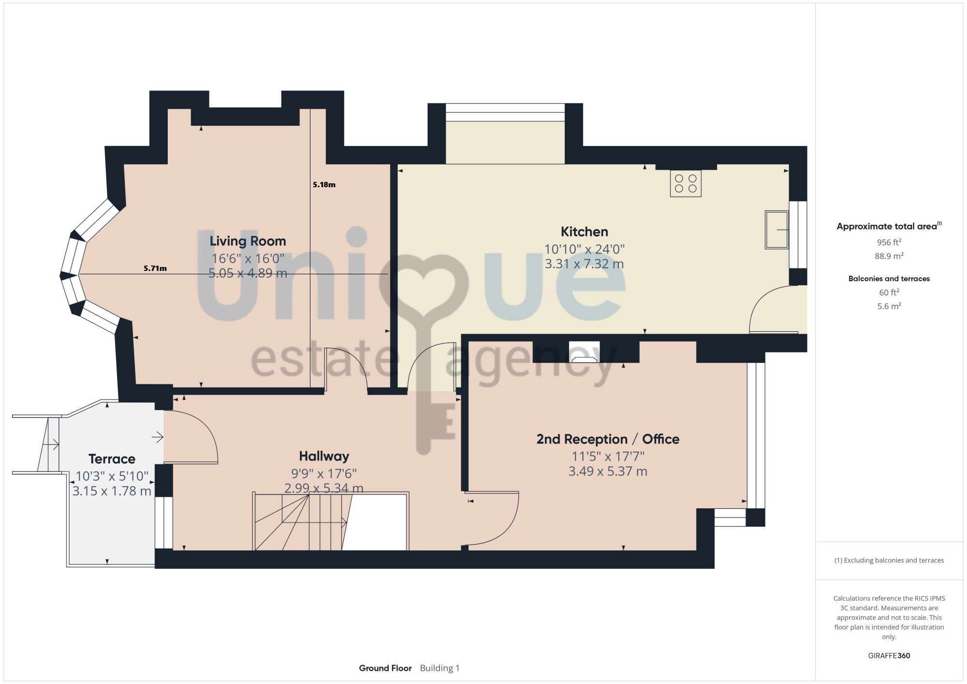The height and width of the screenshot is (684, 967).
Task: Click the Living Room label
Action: click(x=248, y=241)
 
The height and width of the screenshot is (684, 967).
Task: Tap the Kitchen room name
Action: click(x=584, y=232)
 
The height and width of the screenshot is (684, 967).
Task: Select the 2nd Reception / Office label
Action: click(x=608, y=439)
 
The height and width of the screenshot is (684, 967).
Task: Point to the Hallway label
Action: click(x=324, y=456)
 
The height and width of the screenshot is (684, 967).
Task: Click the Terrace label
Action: click(x=112, y=459)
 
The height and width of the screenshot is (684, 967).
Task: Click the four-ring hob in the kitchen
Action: click(x=686, y=183)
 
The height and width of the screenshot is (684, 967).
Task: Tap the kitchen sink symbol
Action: click(x=777, y=230)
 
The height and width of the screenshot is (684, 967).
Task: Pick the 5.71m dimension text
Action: click(x=155, y=268)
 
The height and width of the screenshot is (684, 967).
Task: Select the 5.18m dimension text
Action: click(x=324, y=184)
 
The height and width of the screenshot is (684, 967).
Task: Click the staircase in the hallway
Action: click(x=331, y=521)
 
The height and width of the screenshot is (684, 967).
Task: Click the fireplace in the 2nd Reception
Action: click(x=584, y=352)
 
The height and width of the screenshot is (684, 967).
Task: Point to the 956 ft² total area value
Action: click(x=889, y=242)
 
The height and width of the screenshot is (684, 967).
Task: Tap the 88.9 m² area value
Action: click(x=889, y=256)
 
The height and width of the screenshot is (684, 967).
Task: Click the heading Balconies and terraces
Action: click(x=889, y=279)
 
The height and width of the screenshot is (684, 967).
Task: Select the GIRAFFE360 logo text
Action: click(x=889, y=656)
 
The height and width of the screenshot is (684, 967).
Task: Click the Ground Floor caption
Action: click(x=385, y=668)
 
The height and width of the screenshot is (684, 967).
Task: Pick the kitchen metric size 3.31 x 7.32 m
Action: click(x=584, y=264)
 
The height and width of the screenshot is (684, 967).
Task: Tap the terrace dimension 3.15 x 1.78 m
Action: click(x=112, y=491)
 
